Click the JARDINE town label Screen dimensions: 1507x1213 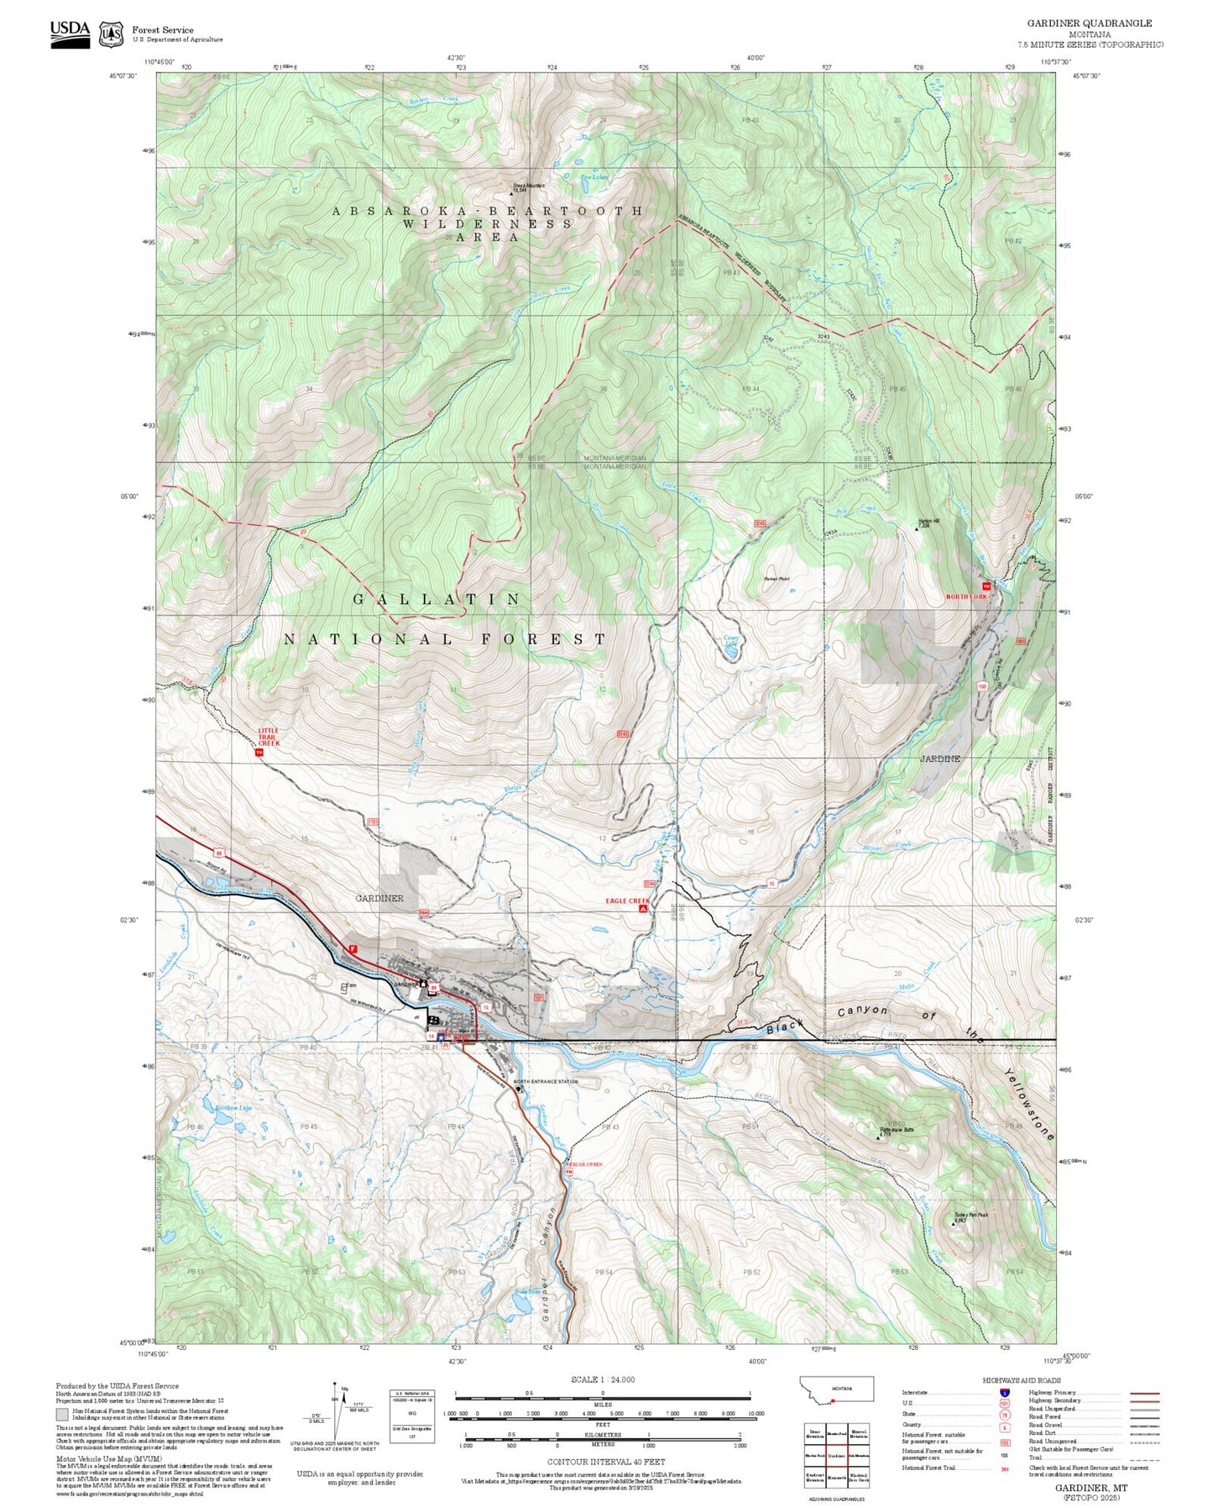(x=939, y=759)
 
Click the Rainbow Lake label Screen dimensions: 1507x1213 (x=233, y=1108)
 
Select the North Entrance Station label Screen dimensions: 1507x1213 (x=546, y=1081)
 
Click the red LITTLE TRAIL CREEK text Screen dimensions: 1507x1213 (x=268, y=737)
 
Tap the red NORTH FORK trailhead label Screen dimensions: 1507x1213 (x=966, y=596)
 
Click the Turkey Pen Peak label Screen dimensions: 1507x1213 (x=970, y=1216)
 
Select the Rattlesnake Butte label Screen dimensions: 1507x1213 (x=896, y=1131)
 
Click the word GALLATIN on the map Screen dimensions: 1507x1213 (x=437, y=599)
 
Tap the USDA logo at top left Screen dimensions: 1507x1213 (x=70, y=33)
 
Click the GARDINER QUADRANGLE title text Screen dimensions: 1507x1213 (x=1090, y=24)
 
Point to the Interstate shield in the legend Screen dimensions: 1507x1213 (x=1005, y=1392)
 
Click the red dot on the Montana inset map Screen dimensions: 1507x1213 (x=832, y=1400)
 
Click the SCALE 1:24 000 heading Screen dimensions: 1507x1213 (x=603, y=1379)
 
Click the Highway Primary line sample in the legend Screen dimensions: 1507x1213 (x=1144, y=1393)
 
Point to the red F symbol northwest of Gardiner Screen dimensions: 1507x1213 (x=353, y=948)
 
